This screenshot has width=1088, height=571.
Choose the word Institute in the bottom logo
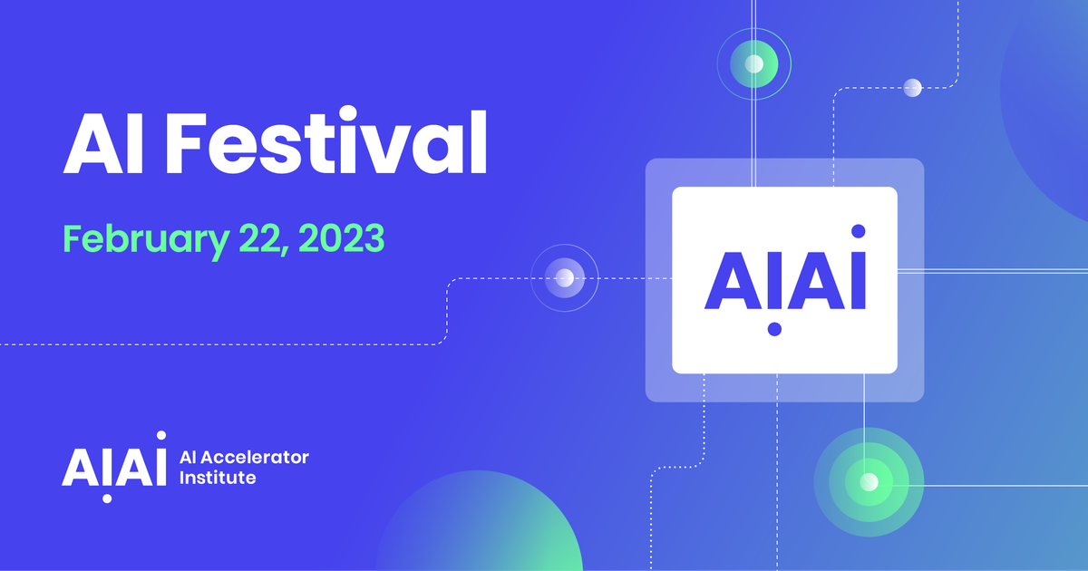pos(219,477)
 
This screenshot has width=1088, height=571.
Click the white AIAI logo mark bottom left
pos(114,464)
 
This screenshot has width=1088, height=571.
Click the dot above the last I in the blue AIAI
pos(859,231)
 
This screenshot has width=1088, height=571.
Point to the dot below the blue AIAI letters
pos(774,329)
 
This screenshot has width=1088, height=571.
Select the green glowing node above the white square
pos(754,63)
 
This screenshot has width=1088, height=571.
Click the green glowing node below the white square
pos(869,481)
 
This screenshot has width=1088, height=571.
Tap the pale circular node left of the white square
pos(565,278)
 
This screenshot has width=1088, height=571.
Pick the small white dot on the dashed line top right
pos(913,88)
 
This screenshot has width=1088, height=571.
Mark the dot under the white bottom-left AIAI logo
pos(108,498)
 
